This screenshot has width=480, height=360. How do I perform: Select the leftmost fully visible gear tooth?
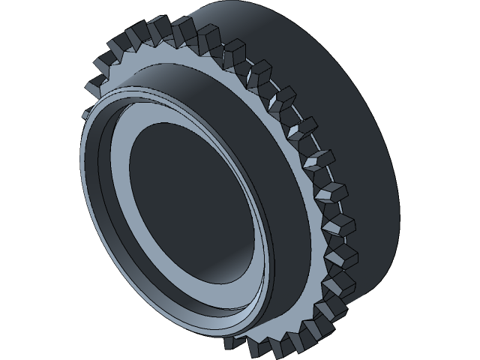click(94, 84)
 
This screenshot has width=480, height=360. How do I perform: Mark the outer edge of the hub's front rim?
click(82, 195)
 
